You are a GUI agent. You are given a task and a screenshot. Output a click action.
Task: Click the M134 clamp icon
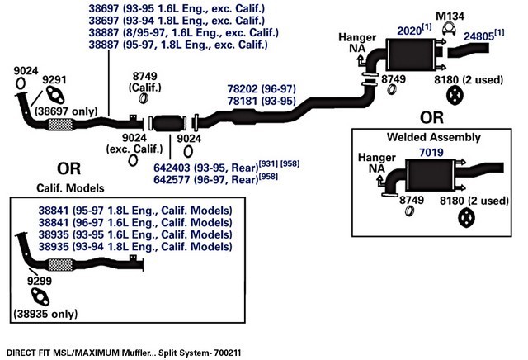(x=449, y=29)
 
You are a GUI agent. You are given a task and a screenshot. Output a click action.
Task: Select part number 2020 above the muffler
(x=409, y=31)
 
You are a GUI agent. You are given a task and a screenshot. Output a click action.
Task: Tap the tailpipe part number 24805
(x=478, y=36)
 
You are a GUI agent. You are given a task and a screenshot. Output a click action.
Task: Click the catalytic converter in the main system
(x=167, y=123)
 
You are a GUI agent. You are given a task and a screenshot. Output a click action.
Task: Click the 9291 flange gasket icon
(x=55, y=95)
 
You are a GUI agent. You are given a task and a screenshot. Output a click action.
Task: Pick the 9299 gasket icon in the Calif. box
(x=40, y=297)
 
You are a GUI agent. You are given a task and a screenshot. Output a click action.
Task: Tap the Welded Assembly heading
(x=434, y=137)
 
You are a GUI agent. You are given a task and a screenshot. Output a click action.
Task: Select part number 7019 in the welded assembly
(x=431, y=153)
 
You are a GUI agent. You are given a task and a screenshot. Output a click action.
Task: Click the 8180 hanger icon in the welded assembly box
(x=466, y=218)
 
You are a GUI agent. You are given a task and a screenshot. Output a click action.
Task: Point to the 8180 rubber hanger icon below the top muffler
(x=455, y=96)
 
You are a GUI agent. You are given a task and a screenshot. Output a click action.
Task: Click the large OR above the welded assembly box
(x=431, y=117)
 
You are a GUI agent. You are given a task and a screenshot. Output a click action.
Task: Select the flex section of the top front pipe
(x=60, y=125)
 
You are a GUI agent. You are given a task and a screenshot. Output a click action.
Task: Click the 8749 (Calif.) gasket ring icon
(x=144, y=98)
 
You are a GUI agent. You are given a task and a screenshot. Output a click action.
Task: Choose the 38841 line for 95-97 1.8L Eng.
(x=135, y=211)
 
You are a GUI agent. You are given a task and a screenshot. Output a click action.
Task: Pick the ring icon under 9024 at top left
(x=20, y=83)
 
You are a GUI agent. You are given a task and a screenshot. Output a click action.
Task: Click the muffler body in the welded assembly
(x=431, y=176)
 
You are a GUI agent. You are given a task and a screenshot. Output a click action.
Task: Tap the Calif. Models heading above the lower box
(x=70, y=188)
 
